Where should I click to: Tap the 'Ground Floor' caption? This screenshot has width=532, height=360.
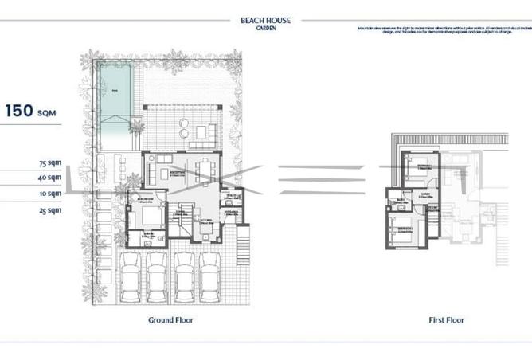tap(170, 320)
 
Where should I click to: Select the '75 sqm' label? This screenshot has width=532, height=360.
tap(49, 162)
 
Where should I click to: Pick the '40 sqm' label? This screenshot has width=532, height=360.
tap(49, 178)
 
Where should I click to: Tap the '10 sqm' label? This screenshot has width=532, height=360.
tap(49, 194)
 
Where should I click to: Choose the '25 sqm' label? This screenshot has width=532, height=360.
tap(49, 210)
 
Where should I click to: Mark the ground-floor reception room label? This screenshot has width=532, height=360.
tap(177, 172)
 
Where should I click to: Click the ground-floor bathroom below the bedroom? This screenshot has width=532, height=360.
tap(148, 237)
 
